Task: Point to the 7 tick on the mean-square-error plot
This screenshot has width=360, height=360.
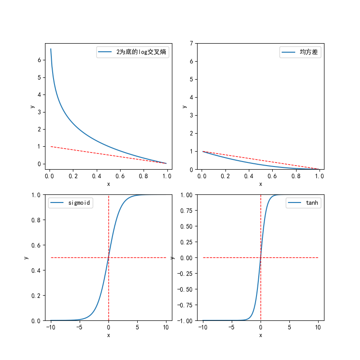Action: coord(191,43)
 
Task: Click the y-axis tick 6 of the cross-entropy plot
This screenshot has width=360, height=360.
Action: coord(39,60)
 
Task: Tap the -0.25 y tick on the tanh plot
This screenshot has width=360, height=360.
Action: coord(184,274)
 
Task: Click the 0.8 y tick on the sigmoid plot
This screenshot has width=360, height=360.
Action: coord(36,220)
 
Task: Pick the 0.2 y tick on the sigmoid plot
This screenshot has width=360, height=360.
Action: coord(36,296)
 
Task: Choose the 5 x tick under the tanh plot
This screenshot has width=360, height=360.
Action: coord(289,327)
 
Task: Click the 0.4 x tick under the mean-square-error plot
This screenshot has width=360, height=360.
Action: coord(249,176)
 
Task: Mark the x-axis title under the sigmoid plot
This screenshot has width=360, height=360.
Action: coord(108,335)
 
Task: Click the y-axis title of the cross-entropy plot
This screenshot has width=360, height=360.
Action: coord(32,107)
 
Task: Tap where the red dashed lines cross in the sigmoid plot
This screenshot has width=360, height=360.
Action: coord(108,257)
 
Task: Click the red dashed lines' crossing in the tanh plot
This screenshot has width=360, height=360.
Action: coord(261,257)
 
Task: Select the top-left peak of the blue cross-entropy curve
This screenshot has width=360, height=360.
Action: coord(51,49)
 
